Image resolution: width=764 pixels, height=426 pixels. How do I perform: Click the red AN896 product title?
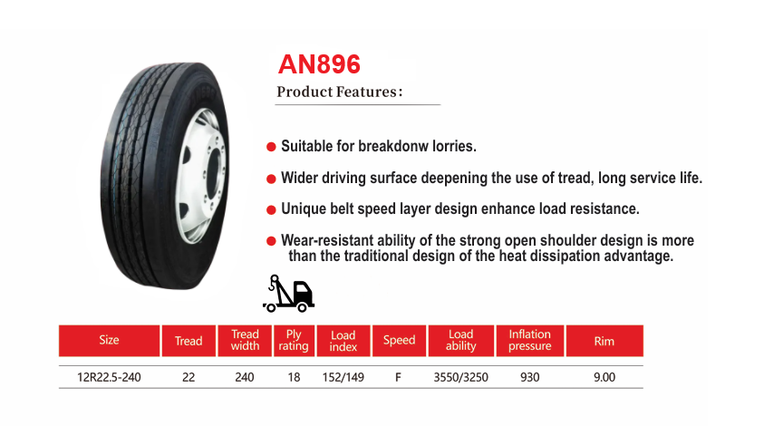tap(319, 64)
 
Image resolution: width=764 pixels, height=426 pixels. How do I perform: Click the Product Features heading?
tap(340, 92)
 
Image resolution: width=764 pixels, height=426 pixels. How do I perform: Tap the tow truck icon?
tap(288, 294)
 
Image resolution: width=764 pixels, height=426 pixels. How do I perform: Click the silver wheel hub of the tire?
tap(202, 176)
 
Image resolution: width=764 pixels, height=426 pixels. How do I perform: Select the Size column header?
tap(109, 340)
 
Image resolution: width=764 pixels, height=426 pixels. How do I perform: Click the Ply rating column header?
tap(294, 340)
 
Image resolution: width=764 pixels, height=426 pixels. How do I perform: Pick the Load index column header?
tap(343, 341)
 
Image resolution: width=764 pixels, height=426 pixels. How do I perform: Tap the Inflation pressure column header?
tap(529, 340)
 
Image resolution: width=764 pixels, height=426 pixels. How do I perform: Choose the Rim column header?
tap(604, 341)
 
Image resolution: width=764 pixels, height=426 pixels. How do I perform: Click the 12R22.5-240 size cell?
tap(109, 377)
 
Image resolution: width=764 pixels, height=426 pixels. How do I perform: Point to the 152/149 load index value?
tap(343, 377)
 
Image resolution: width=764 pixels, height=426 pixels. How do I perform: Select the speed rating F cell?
tap(398, 377)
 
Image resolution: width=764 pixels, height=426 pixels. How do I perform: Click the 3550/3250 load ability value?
tap(461, 377)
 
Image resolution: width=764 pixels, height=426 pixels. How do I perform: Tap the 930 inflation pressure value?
tap(529, 377)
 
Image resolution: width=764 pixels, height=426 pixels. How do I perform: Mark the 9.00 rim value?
tap(604, 377)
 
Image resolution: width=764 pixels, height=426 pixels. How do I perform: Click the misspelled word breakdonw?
tap(393, 146)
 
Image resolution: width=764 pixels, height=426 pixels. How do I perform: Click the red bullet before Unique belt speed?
tap(271, 210)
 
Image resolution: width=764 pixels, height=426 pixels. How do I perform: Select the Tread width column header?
tap(245, 340)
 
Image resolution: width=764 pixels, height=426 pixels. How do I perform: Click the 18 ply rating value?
tap(294, 377)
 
